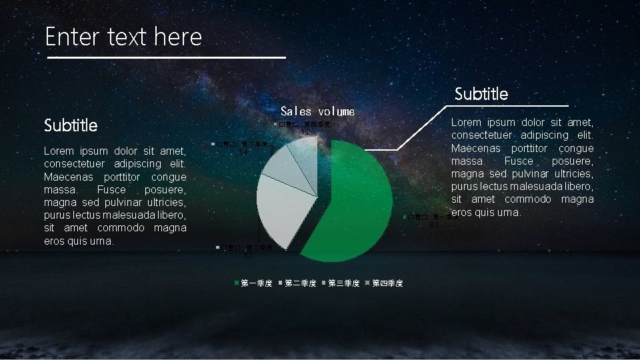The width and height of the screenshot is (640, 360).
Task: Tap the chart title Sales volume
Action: click(x=317, y=111)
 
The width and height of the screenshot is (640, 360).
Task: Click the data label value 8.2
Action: click(x=434, y=225)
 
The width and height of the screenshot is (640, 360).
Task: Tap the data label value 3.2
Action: click(x=247, y=256)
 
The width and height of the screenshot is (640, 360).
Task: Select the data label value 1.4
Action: click(x=243, y=152)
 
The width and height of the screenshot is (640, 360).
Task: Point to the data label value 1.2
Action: click(x=306, y=132)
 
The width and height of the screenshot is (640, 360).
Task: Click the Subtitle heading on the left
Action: click(x=71, y=125)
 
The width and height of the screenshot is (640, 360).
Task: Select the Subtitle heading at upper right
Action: click(x=481, y=94)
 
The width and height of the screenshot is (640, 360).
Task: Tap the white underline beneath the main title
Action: click(x=167, y=58)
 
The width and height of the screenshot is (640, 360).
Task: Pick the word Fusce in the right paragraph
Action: click(x=519, y=161)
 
